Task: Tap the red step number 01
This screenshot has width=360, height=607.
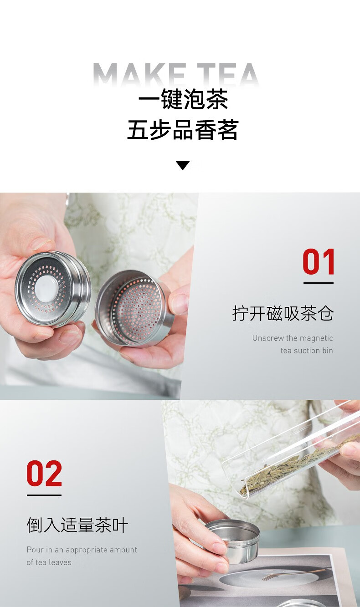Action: [x=318, y=261]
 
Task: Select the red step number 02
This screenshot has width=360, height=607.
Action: [x=44, y=474]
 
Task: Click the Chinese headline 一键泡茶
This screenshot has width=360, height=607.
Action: [x=183, y=99]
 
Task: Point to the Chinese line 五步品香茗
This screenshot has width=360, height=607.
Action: [x=182, y=130]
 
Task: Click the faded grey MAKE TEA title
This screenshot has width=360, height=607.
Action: [x=176, y=75]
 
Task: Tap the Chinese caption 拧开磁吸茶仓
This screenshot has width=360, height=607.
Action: [x=283, y=314]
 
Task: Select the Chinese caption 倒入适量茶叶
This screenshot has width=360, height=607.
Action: [x=77, y=525]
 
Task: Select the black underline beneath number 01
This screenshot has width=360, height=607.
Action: [x=318, y=283]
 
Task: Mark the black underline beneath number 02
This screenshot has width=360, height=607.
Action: [x=44, y=495]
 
